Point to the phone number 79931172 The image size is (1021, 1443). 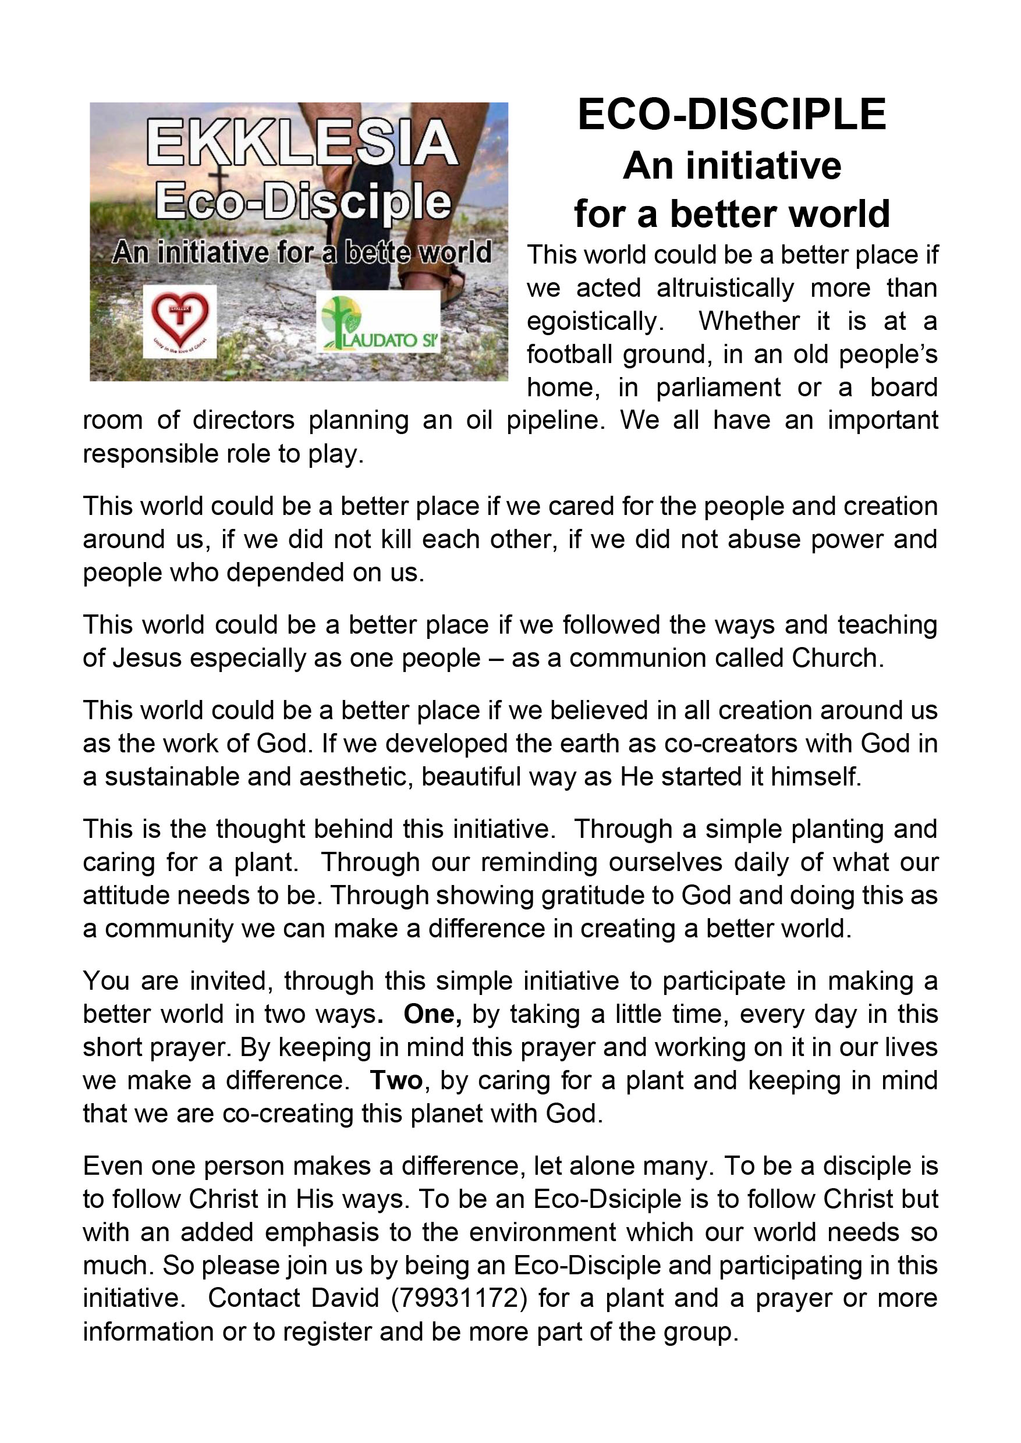click(458, 1298)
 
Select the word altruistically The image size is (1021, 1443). click(725, 289)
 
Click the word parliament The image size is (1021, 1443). click(718, 388)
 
